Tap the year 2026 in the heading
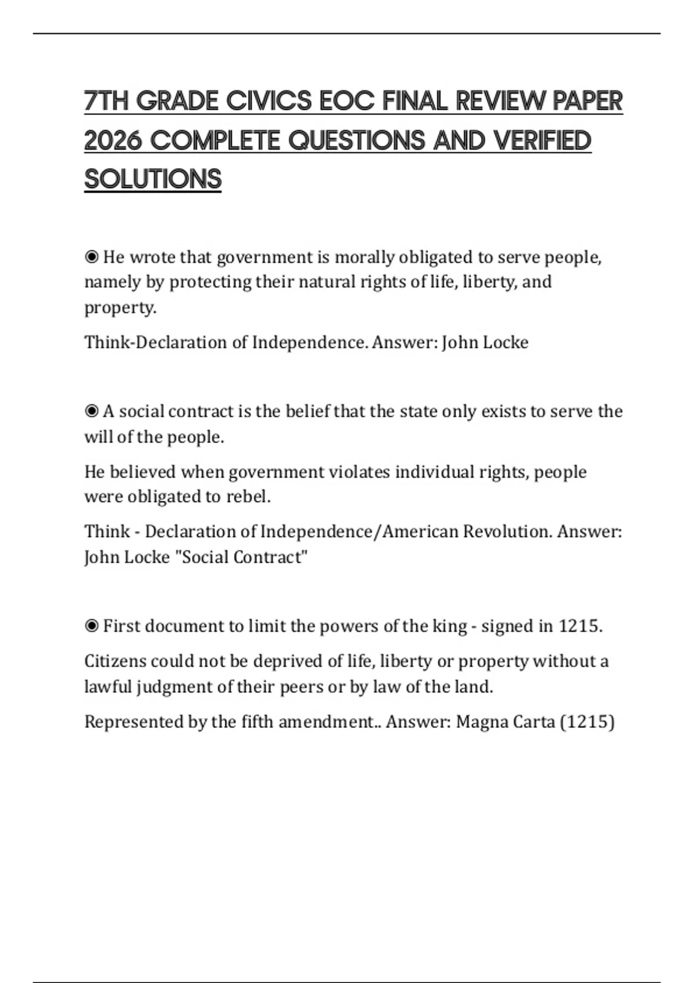113,141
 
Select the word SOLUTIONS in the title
153,179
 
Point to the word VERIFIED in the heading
542,141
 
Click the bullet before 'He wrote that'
91,256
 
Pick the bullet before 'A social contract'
91,411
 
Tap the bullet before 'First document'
91,626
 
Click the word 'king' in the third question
449,626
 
